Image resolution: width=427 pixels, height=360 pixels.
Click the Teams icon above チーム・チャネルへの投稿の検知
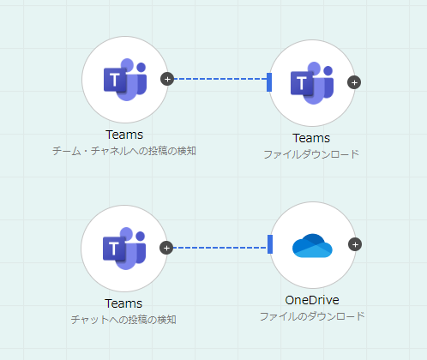click(125, 80)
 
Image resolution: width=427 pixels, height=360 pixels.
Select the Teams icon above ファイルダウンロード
click(312, 83)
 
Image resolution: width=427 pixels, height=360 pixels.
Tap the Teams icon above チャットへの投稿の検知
click(124, 249)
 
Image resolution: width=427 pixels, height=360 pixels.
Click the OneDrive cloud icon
click(312, 245)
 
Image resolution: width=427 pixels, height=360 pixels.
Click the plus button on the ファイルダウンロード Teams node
click(354, 82)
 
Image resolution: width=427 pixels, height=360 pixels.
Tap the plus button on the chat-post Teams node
click(166, 248)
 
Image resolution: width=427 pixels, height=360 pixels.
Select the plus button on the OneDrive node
click(355, 244)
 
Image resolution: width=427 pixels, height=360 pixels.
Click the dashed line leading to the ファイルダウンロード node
click(220, 79)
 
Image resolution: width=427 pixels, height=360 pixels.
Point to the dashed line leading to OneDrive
click(220, 248)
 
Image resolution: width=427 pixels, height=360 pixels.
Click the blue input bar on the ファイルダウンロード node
click(269, 82)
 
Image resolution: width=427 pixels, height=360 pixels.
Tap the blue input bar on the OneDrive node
click(270, 244)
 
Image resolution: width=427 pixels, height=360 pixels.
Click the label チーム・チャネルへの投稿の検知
click(124, 151)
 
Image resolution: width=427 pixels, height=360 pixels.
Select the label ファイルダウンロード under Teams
click(311, 154)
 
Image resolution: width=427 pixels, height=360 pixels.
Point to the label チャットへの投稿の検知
click(123, 320)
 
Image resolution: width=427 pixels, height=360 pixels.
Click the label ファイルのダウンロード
click(312, 316)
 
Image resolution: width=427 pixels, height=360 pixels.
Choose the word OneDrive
click(312, 300)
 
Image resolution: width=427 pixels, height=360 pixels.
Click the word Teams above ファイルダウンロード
click(311, 138)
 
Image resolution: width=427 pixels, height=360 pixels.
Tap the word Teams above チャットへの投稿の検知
click(123, 303)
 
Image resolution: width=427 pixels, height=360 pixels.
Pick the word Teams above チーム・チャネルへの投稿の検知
click(124, 135)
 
